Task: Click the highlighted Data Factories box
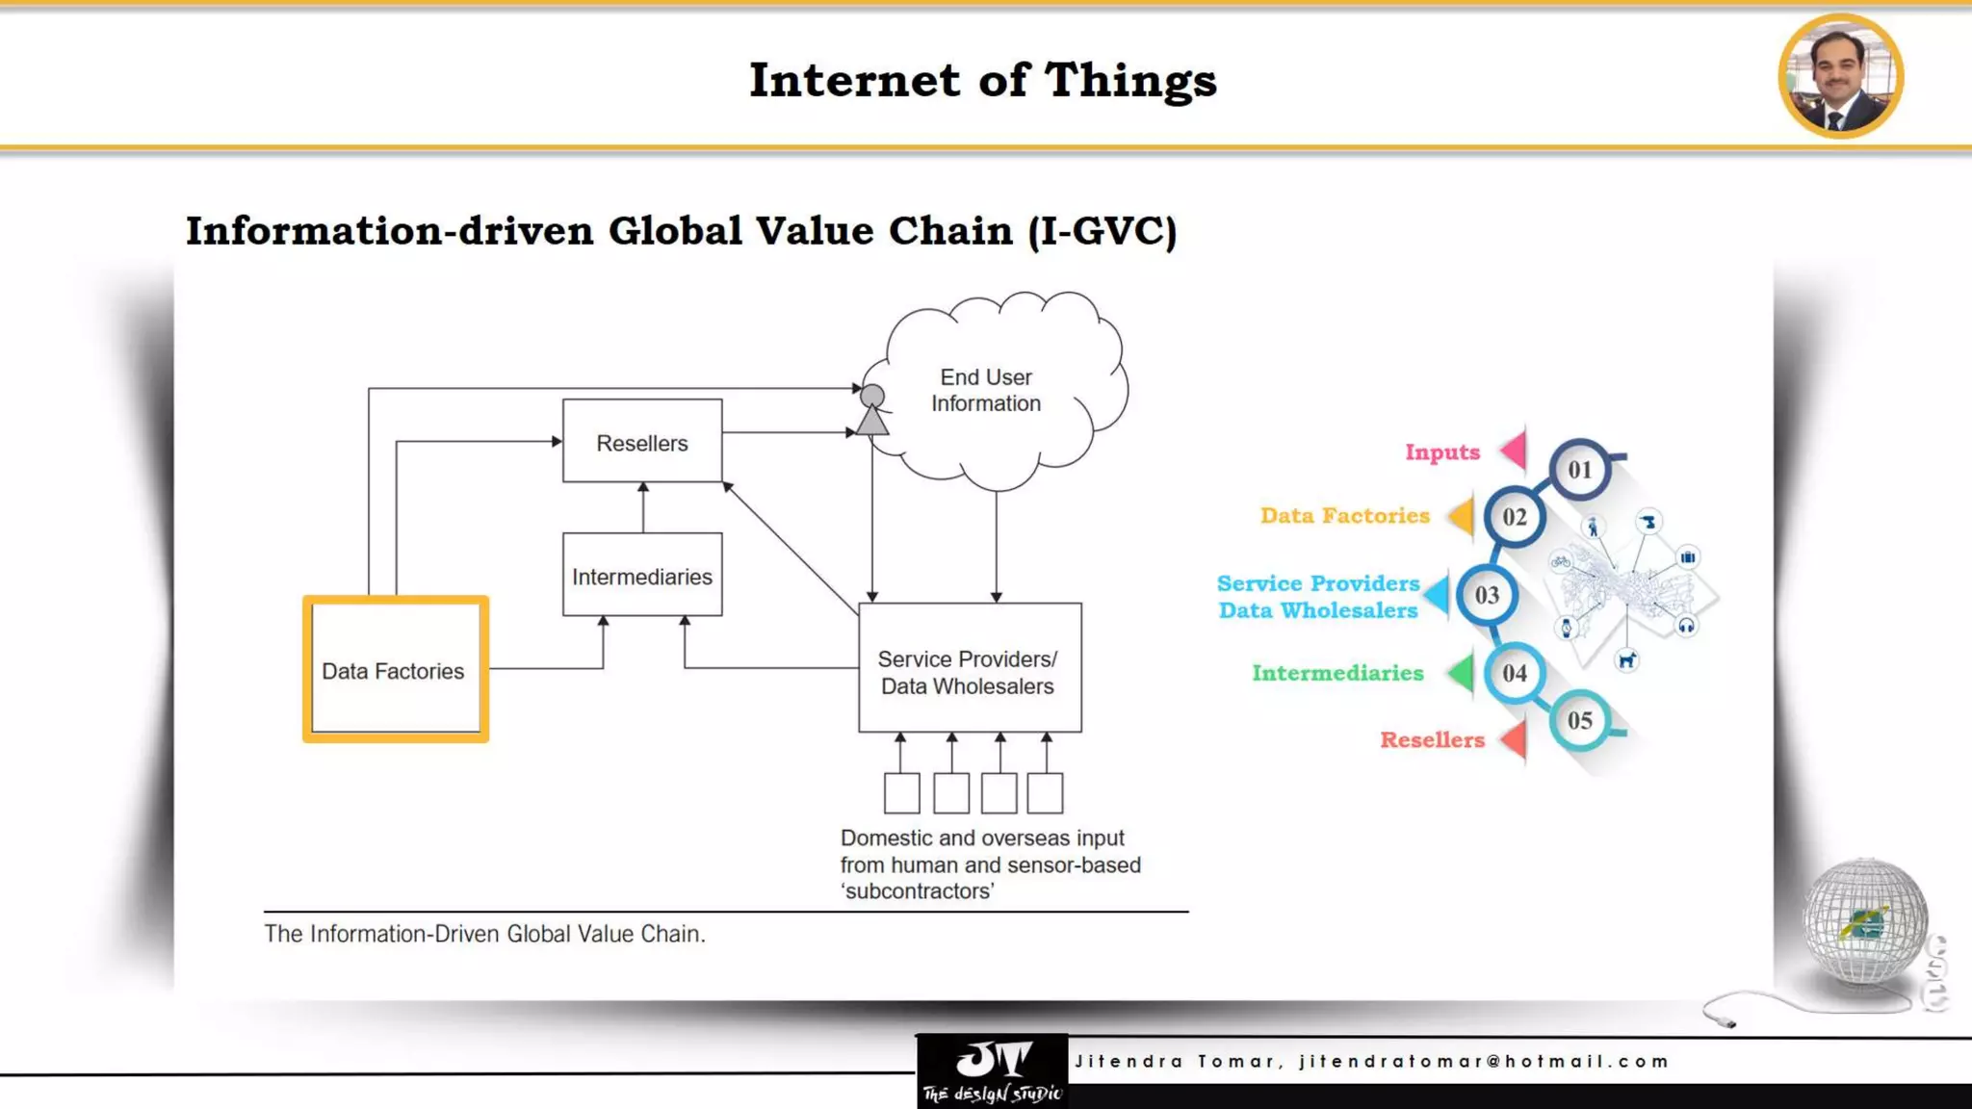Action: pos(395,670)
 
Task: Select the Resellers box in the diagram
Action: pos(642,442)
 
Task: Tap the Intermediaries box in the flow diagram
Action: pos(642,576)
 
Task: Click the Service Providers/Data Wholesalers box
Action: pos(969,670)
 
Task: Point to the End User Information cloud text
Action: pos(986,391)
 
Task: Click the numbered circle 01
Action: pos(1579,470)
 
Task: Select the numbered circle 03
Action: pos(1487,596)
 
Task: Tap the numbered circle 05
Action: pos(1579,720)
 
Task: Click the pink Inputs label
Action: pos(1441,452)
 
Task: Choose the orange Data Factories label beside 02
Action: pos(1344,516)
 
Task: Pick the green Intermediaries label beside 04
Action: pos(1337,673)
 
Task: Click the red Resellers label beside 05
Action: pos(1432,740)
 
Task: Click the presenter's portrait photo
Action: pos(1840,77)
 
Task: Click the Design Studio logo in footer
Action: pos(992,1070)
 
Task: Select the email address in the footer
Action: pos(1483,1062)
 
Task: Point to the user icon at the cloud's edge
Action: pos(872,410)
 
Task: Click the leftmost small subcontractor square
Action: pos(901,793)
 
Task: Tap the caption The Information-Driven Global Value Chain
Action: pos(484,934)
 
